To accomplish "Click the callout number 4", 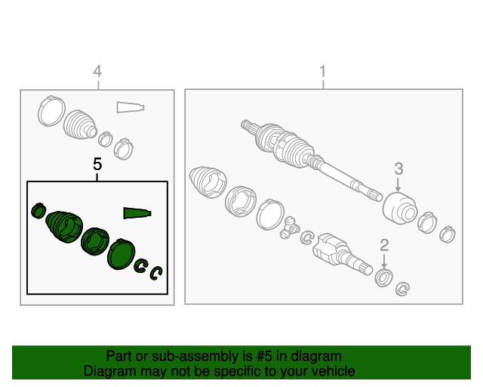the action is point(97,71).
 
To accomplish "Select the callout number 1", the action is point(322,71).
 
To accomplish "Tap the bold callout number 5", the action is point(97,164).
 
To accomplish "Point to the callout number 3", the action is point(398,169).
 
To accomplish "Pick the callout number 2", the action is point(384,246).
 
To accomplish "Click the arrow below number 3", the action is point(398,184).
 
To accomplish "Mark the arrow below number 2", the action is point(384,261).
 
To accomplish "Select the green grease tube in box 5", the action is point(137,213).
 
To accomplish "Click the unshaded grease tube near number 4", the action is point(131,107).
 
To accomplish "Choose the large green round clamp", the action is point(122,254).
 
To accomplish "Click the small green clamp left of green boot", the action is point(38,210).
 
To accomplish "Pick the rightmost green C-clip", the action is point(156,273).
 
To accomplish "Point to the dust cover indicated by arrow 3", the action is point(400,209).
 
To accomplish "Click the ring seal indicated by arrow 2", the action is point(383,277).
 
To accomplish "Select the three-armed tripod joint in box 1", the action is point(290,228).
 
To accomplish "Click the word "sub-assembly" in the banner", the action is point(195,357).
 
